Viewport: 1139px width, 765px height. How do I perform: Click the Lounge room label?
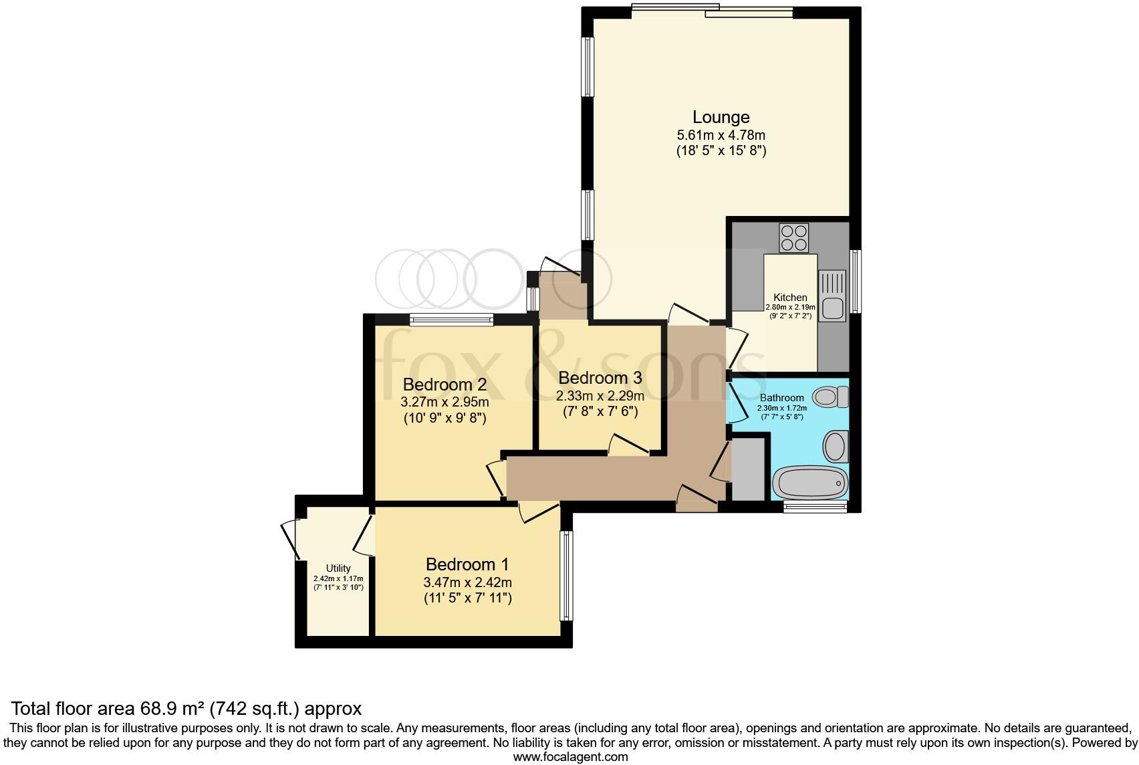[721, 117]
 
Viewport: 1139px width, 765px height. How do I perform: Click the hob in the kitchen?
[793, 237]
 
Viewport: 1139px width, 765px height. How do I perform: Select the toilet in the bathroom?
[832, 397]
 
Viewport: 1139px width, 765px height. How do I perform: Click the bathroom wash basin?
[836, 446]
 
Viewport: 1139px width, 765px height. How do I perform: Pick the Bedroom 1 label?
[467, 564]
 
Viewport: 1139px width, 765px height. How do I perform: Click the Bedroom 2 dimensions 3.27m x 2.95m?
[445, 403]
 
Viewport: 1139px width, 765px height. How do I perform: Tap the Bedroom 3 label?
[600, 378]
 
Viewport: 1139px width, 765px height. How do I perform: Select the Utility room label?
[338, 568]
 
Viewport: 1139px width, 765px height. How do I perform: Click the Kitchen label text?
[790, 298]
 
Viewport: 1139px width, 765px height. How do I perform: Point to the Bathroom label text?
[781, 398]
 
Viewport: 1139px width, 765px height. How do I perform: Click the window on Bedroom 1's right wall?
[566, 575]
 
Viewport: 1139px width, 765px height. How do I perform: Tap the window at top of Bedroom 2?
[451, 320]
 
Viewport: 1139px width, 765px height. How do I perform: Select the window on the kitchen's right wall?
[855, 281]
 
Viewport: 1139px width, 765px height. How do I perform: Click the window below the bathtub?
[815, 507]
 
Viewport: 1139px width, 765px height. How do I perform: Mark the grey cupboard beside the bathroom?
[748, 467]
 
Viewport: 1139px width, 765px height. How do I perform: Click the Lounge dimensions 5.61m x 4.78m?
[721, 135]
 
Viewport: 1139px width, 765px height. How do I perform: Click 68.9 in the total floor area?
[156, 708]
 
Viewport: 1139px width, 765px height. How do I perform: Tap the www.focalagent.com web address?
[569, 757]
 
